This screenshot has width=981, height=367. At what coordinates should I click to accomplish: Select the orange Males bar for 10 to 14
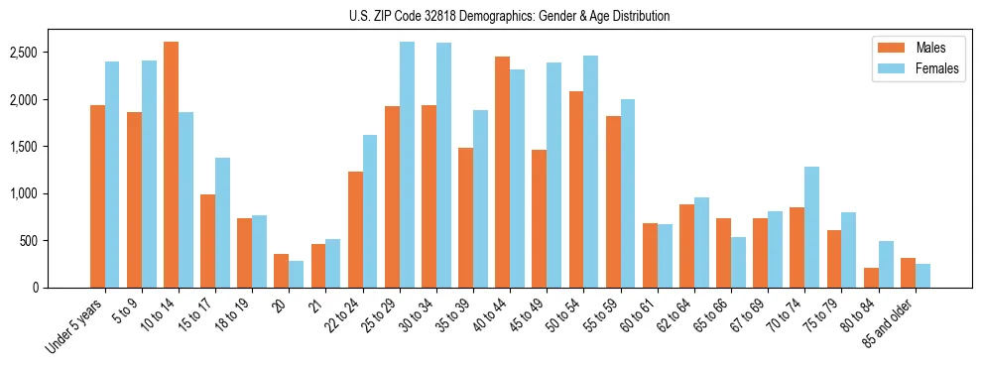(172, 165)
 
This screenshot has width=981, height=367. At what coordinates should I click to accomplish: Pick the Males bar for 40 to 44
(503, 172)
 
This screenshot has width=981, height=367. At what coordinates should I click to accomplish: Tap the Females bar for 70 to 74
(811, 227)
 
